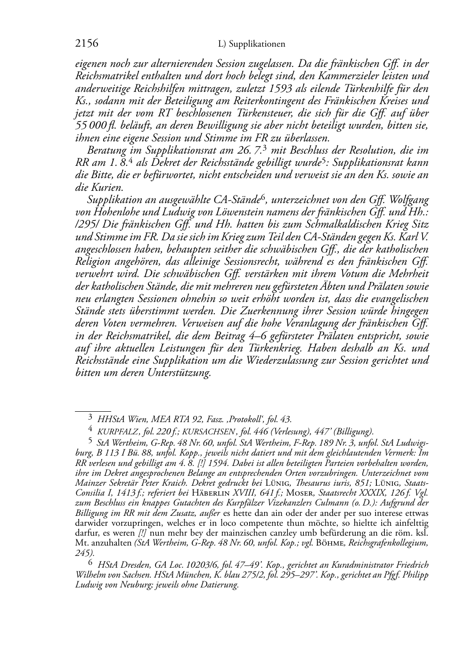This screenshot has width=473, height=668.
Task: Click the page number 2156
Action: (87, 44)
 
